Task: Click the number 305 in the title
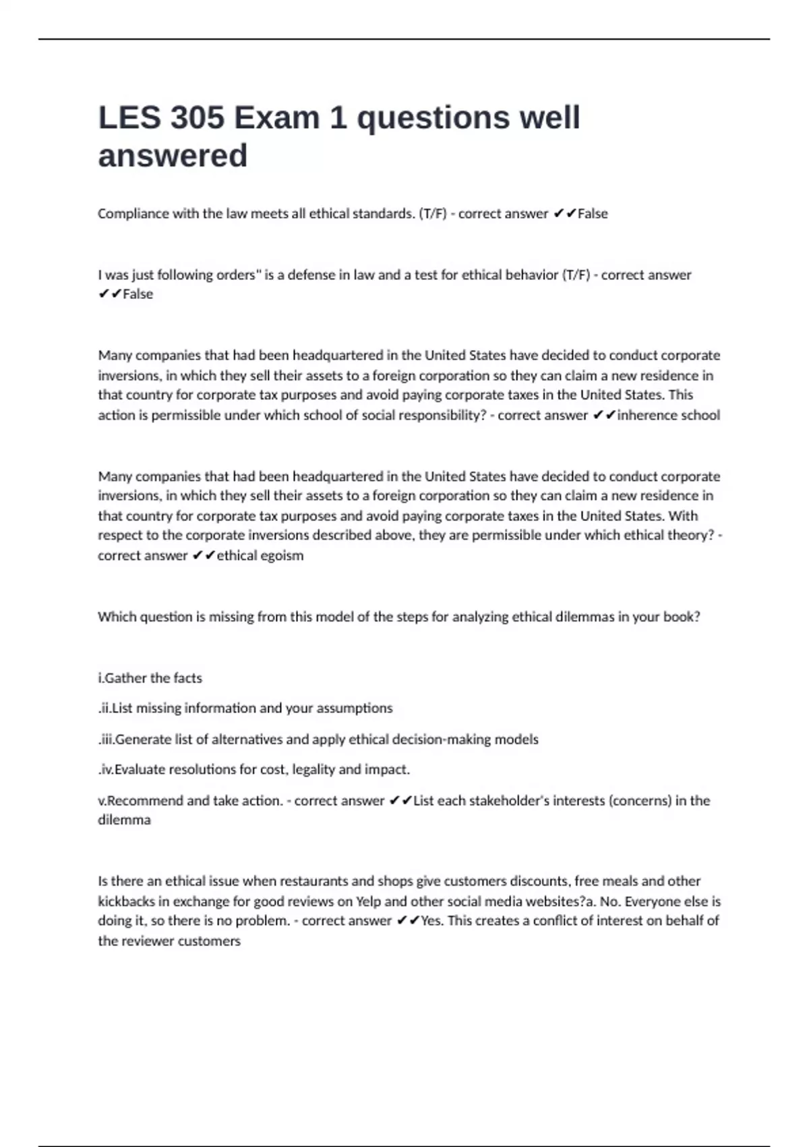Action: pos(197,118)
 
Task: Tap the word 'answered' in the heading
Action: pos(173,156)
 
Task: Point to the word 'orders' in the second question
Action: pos(235,275)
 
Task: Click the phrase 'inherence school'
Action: pos(668,416)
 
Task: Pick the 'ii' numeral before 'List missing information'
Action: pos(104,708)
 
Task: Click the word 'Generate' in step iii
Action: pos(143,739)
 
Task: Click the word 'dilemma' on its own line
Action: pos(124,820)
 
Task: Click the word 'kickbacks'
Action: pos(126,901)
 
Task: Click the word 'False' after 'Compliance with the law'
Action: pos(593,214)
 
